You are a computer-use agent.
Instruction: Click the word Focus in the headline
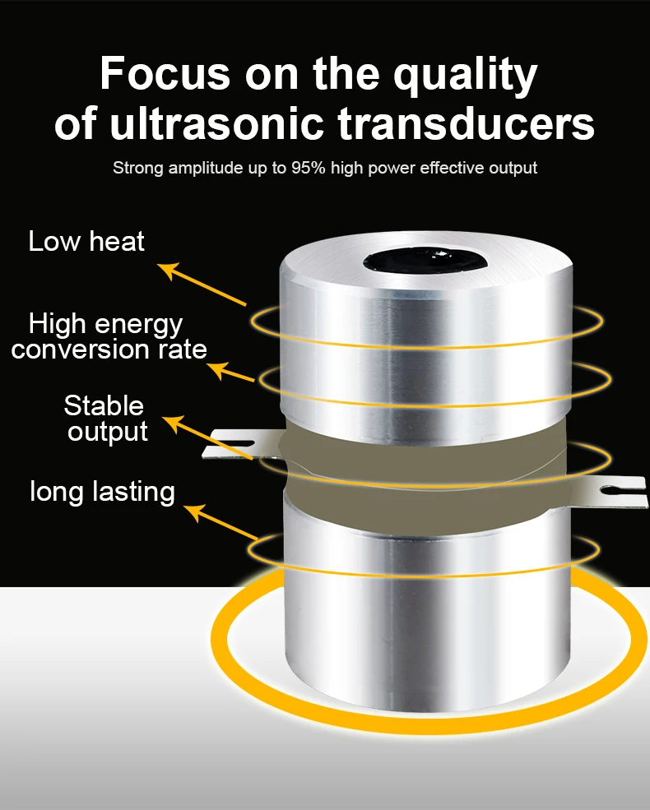pyautogui.click(x=165, y=73)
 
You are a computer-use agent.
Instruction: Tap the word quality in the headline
pyautogui.click(x=466, y=76)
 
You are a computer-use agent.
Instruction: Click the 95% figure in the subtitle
pyautogui.click(x=309, y=168)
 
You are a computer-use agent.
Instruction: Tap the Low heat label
pyautogui.click(x=86, y=241)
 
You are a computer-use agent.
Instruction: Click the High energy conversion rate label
pyautogui.click(x=109, y=336)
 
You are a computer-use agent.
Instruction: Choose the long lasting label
pyautogui.click(x=102, y=491)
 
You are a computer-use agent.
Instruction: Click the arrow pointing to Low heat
pyautogui.click(x=202, y=285)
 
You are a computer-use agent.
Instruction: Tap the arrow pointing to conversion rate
pyautogui.click(x=230, y=372)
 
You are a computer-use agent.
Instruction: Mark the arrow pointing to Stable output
pyautogui.click(x=208, y=437)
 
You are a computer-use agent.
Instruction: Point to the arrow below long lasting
pyautogui.click(x=221, y=522)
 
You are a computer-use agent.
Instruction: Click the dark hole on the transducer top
pyautogui.click(x=425, y=261)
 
